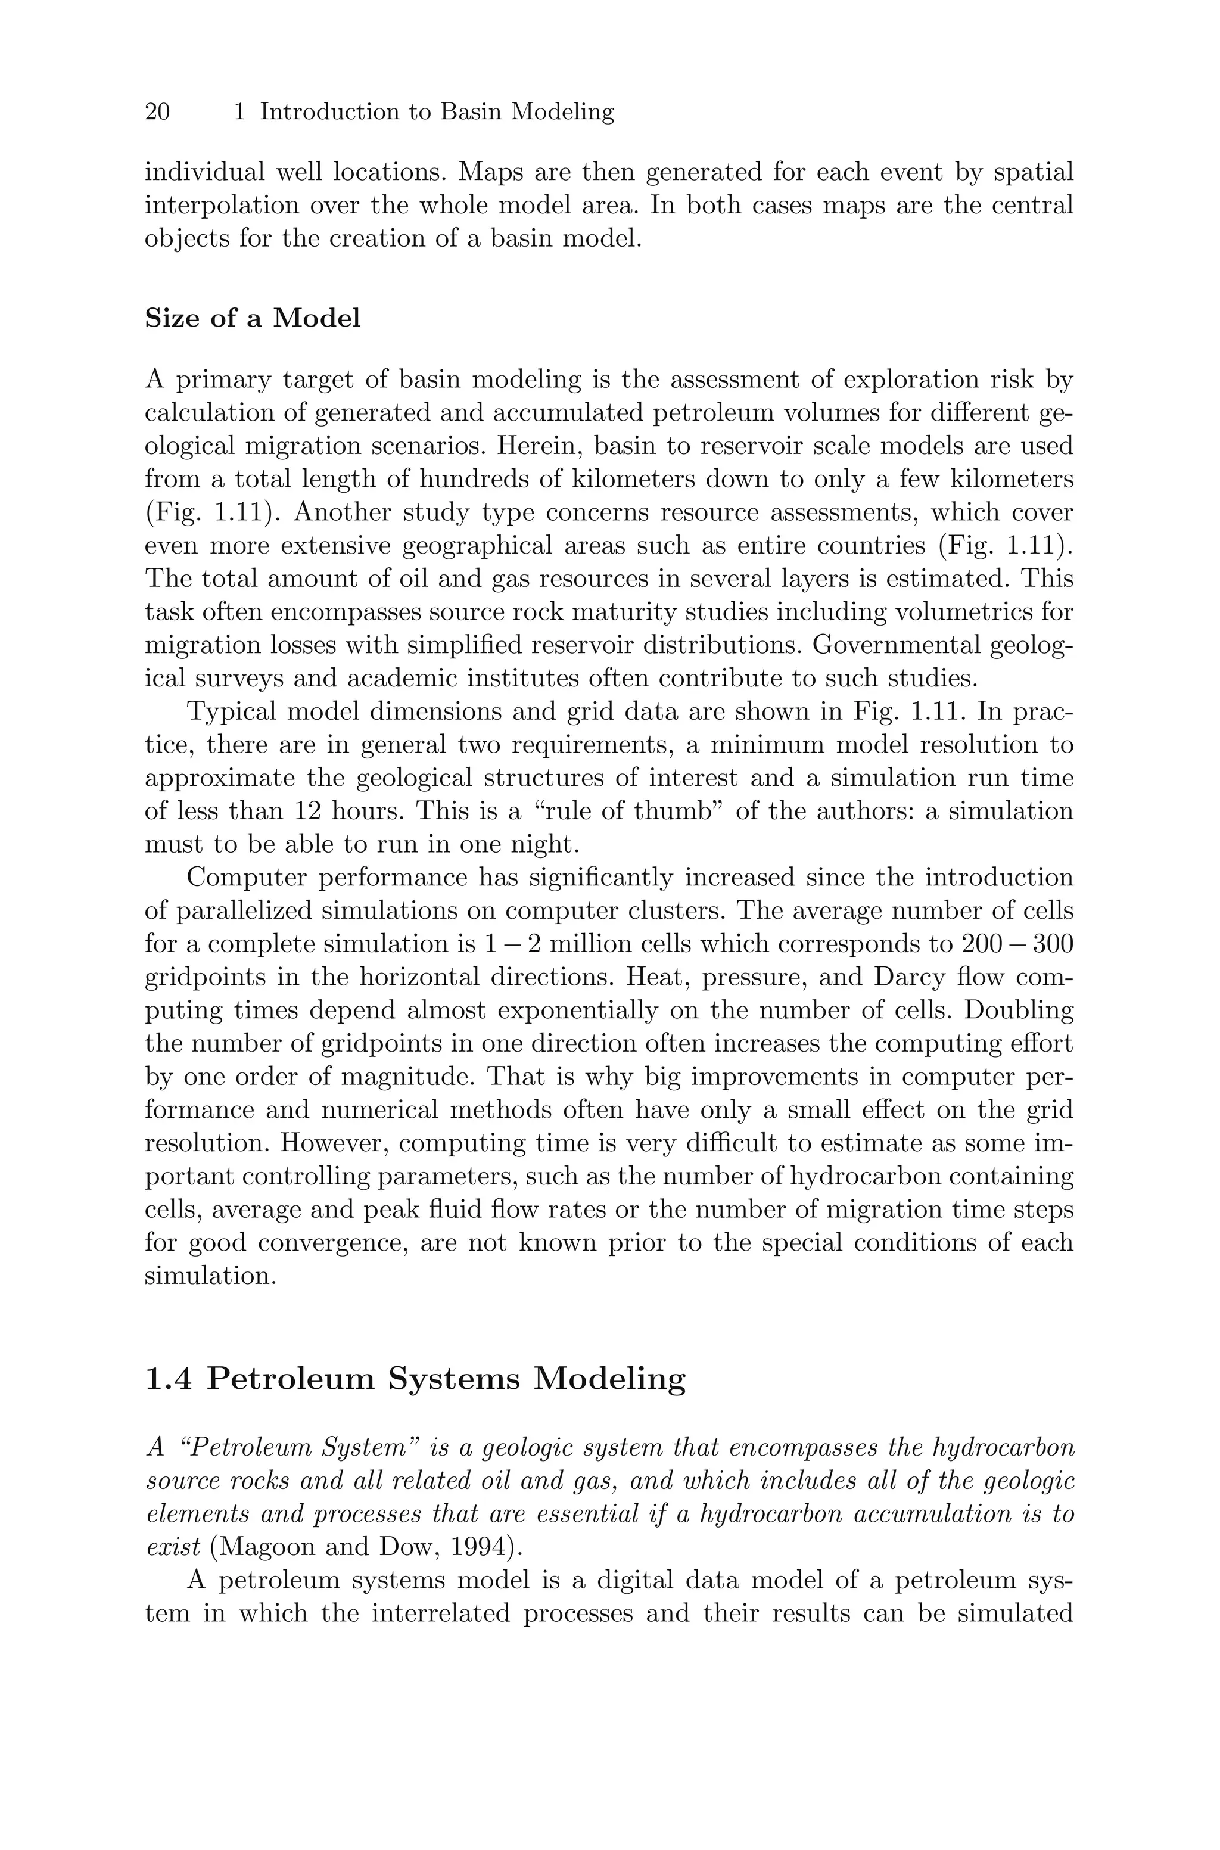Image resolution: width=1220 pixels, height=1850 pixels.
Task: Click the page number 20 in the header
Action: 157,112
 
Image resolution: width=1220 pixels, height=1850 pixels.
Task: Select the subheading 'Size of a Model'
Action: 252,318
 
